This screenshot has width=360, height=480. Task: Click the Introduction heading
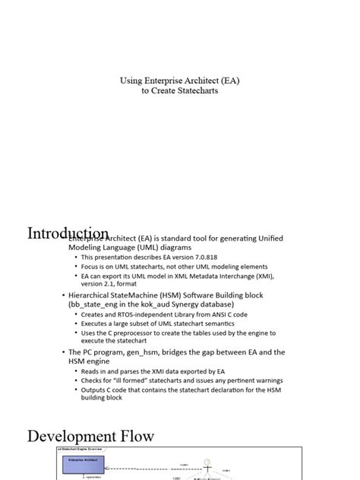click(68, 234)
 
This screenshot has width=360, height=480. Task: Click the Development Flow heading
click(91, 437)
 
